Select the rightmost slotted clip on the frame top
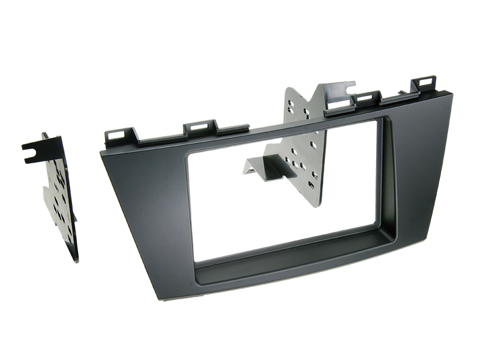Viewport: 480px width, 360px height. pos(427,84)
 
